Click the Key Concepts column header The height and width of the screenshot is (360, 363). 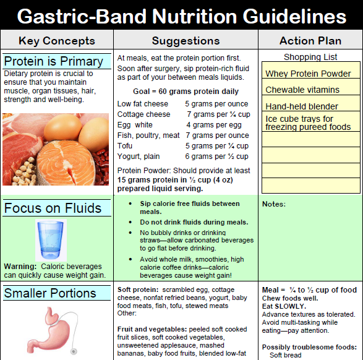[x=57, y=41]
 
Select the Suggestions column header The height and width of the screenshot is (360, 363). [x=186, y=41]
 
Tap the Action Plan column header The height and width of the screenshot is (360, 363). [x=310, y=41]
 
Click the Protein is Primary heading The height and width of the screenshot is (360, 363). [x=53, y=61]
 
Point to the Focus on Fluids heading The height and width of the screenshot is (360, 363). [x=53, y=208]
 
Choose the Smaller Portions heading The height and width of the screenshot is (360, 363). [x=50, y=293]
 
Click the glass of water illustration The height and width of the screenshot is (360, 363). [x=51, y=240]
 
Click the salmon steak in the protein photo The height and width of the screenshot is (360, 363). [x=66, y=162]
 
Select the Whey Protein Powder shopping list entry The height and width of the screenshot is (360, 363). [x=308, y=74]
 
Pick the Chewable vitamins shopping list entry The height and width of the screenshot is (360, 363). [x=302, y=90]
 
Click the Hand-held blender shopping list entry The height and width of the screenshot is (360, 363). [x=302, y=106]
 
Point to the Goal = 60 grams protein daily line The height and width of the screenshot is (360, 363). [x=186, y=92]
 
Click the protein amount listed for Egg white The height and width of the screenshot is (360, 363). [x=214, y=125]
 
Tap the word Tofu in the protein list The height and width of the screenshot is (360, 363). [x=124, y=146]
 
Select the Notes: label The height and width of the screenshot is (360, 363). [x=274, y=204]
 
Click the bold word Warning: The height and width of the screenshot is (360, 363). [x=20, y=267]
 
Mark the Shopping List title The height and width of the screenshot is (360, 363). [x=310, y=57]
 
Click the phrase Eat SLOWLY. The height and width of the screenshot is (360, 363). [x=284, y=306]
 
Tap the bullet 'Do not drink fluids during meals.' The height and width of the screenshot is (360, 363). [x=194, y=222]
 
